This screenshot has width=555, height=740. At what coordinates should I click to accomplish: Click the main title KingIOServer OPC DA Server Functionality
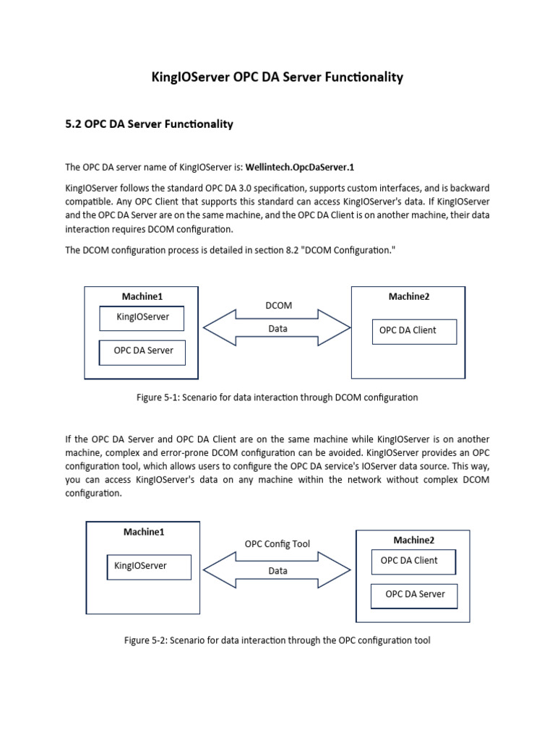(x=277, y=77)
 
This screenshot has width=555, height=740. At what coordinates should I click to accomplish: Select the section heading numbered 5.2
(x=149, y=124)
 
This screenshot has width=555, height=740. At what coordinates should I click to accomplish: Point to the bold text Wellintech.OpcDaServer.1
(x=300, y=168)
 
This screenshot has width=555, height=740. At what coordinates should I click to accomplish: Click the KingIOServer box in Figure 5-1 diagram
(x=142, y=317)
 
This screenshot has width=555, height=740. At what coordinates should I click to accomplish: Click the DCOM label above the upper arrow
(x=278, y=306)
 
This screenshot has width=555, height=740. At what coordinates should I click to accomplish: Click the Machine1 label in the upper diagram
(x=142, y=296)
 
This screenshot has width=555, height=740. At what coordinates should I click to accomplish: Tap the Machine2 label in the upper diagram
(x=409, y=296)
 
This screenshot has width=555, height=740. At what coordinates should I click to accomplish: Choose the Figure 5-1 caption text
(x=277, y=397)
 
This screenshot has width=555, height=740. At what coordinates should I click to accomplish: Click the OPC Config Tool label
(x=277, y=544)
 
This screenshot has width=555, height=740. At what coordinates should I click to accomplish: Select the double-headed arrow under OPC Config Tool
(x=277, y=570)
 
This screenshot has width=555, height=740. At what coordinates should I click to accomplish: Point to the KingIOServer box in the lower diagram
(x=149, y=567)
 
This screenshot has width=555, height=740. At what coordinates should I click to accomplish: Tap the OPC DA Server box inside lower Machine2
(x=415, y=595)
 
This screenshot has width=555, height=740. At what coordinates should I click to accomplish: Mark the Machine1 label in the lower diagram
(x=144, y=532)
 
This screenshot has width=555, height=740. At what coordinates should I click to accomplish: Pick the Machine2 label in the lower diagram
(x=413, y=541)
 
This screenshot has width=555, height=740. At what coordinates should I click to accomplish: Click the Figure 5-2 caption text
(x=277, y=640)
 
